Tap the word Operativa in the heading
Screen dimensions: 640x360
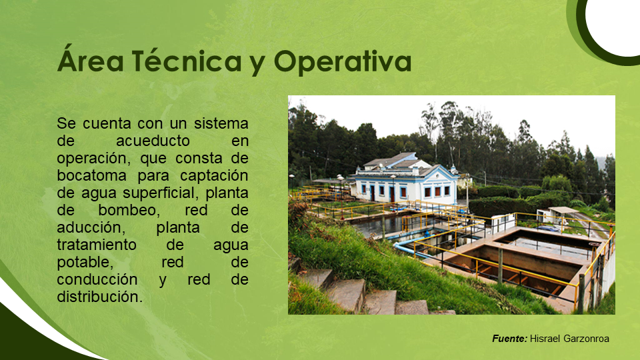pos(343,61)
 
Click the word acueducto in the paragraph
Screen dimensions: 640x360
pos(153,141)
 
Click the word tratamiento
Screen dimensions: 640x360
pos(97,245)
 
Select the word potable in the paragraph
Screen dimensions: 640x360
pos(85,263)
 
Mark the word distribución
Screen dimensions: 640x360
pos(100,297)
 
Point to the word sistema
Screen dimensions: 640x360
pos(221,124)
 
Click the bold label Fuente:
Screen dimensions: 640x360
pos(510,339)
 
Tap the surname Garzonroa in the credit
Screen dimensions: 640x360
pos(587,339)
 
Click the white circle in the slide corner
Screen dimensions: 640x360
pos(614,24)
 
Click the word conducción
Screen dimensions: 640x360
pos(97,279)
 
